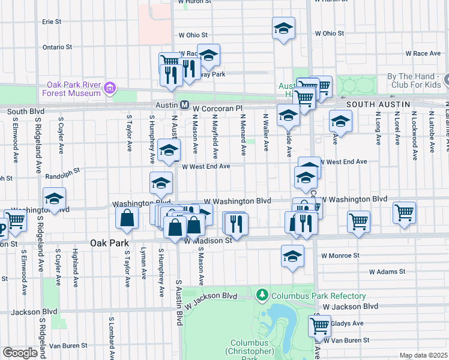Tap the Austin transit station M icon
pos(185,106)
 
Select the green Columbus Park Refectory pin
pos(262,295)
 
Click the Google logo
pos(20,353)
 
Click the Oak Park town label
pos(110,243)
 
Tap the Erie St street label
pos(52,22)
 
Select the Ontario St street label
pos(57,46)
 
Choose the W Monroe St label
pos(339,255)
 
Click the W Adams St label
pos(387,272)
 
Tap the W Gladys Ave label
pos(348,323)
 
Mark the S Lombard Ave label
pos(111,332)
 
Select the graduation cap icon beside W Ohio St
pos(283,28)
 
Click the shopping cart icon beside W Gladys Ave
pos(320,326)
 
